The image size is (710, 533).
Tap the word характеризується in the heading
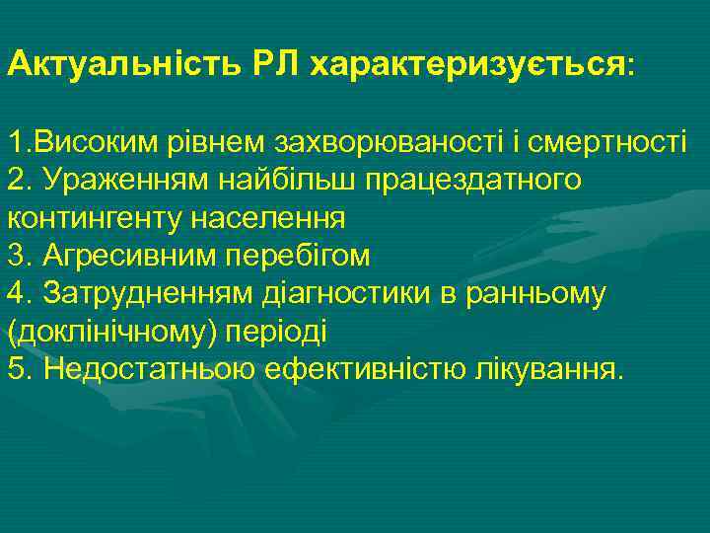pyautogui.click(x=467, y=66)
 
